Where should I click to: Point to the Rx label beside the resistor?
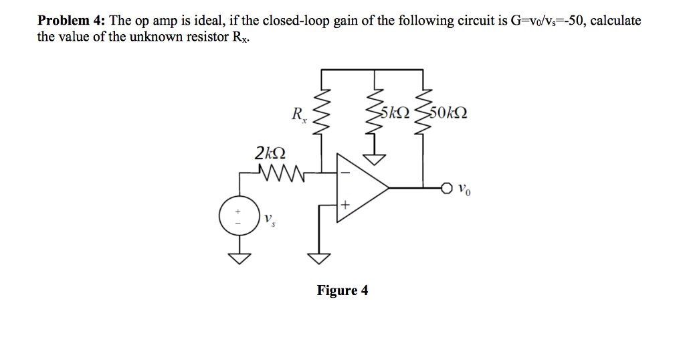[298, 114]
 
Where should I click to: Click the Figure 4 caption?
[342, 290]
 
